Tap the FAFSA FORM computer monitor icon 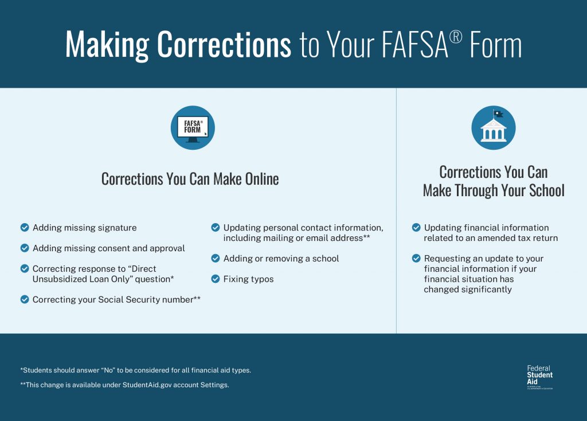click(x=193, y=127)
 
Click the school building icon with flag click(x=493, y=127)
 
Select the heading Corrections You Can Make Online click(x=190, y=179)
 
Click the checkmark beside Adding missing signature click(x=25, y=228)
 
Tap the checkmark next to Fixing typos click(x=216, y=279)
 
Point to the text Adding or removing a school click(x=281, y=259)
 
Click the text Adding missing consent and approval click(x=108, y=248)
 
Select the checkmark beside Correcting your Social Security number click(x=25, y=299)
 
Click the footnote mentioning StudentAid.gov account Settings click(x=124, y=385)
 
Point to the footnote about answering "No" click(x=135, y=370)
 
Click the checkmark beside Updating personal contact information click(x=216, y=228)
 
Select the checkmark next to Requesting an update click(x=416, y=259)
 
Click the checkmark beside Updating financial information click(x=416, y=228)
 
